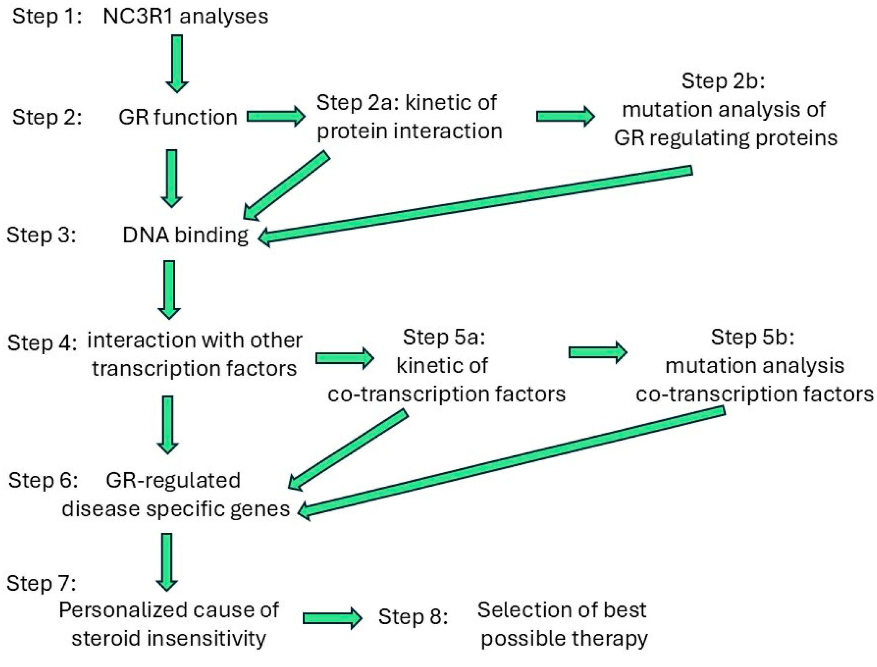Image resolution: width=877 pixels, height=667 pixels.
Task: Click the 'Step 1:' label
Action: pyautogui.click(x=47, y=17)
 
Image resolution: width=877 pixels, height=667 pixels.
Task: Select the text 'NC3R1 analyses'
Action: pyautogui.click(x=185, y=17)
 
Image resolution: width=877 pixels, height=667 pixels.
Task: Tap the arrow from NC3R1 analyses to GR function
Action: pyautogui.click(x=176, y=63)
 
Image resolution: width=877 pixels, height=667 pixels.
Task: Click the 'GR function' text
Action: pyautogui.click(x=178, y=117)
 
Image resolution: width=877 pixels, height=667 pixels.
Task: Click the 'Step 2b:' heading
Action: pyautogui.click(x=723, y=80)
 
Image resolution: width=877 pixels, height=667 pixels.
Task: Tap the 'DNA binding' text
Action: pyautogui.click(x=185, y=235)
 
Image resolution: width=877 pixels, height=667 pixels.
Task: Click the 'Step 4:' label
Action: pyautogui.click(x=42, y=343)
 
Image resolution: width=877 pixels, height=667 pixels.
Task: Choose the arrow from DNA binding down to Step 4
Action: pyautogui.click(x=169, y=289)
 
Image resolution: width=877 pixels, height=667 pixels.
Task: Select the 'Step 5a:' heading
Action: pyautogui.click(x=444, y=337)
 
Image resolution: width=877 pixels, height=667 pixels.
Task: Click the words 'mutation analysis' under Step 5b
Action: pyautogui.click(x=755, y=366)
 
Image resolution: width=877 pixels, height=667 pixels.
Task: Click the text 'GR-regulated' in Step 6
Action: pyautogui.click(x=173, y=480)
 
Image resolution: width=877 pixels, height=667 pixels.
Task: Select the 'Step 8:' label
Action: pyautogui.click(x=413, y=617)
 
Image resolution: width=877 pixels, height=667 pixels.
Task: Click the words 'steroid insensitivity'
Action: pyautogui.click(x=169, y=638)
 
